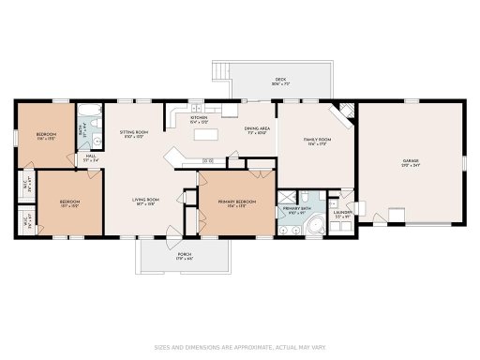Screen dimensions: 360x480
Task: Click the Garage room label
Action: [x=411, y=162]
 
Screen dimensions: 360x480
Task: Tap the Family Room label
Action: [x=318, y=141]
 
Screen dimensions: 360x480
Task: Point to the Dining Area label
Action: [x=257, y=130]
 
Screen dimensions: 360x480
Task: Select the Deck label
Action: [x=279, y=82]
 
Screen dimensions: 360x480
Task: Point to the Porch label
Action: [x=185, y=255]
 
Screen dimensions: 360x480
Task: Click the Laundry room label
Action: [x=343, y=214]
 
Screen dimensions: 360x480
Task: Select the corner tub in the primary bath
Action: [x=320, y=224]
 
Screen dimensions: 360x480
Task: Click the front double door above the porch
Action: [x=170, y=232]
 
